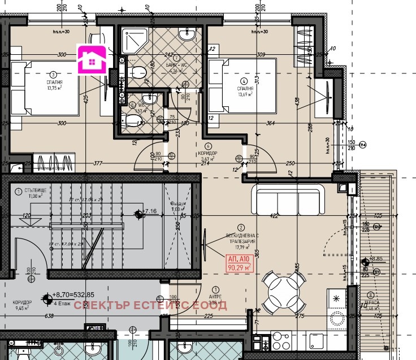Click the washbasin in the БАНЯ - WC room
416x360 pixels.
187,34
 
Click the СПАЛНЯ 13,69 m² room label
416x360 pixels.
244,90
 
